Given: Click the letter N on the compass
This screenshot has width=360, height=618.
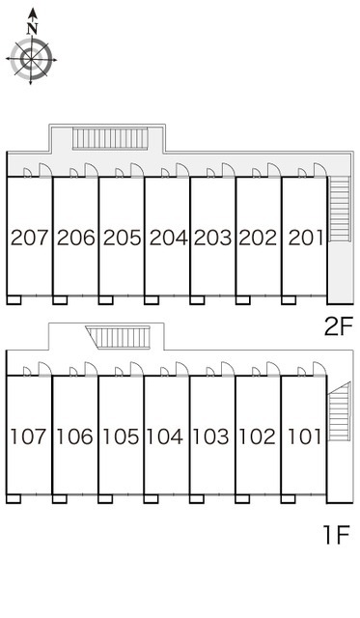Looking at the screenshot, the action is point(32,28).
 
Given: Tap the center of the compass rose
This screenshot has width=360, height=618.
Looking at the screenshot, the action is point(31,60).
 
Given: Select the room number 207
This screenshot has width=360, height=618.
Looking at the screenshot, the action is point(30,238).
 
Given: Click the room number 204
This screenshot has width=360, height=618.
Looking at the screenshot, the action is point(168,238).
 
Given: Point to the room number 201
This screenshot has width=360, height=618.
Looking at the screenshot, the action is point(306,238).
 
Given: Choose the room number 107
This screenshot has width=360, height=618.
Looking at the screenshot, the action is point(29,436).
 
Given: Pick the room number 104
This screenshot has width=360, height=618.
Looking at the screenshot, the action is point(165,436).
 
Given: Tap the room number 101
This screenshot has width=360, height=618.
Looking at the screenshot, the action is point(304,436).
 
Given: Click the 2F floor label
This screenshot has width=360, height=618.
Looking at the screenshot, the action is point(338,326).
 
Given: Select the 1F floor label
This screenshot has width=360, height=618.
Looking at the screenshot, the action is point(337,535).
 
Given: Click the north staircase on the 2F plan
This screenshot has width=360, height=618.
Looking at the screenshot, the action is point(110,138).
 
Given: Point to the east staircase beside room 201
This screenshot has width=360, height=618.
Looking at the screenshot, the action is point(340,209).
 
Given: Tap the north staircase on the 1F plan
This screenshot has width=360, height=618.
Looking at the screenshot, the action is point(118,337).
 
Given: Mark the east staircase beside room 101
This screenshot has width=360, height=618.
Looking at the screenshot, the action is point(340,411).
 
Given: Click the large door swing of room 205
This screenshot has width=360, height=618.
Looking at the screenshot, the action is point(137,171).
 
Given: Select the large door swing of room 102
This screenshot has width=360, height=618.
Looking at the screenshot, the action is point(273,369).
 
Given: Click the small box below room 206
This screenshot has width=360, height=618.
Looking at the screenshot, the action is point(60,300).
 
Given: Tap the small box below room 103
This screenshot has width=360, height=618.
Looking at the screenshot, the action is point(197,499).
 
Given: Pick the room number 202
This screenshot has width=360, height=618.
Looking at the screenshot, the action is point(258,238).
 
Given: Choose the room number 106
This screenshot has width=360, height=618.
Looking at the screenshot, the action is point(75,436).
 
